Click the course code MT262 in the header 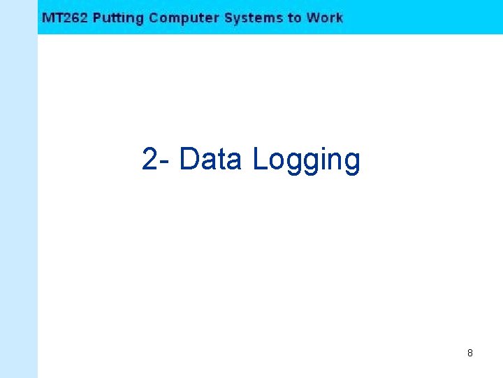pos(65,17)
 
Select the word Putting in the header pos(118,18)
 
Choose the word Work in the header pos(325,17)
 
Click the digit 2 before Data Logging pos(150,159)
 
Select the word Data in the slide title pos(210,159)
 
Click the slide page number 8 pos(469,353)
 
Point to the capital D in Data pos(189,159)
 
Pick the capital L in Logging pos(259,159)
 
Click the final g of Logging pos(352,162)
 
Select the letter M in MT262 pos(47,17)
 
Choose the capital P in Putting pos(97,17)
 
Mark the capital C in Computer pos(154,17)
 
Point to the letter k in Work pos(339,17)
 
